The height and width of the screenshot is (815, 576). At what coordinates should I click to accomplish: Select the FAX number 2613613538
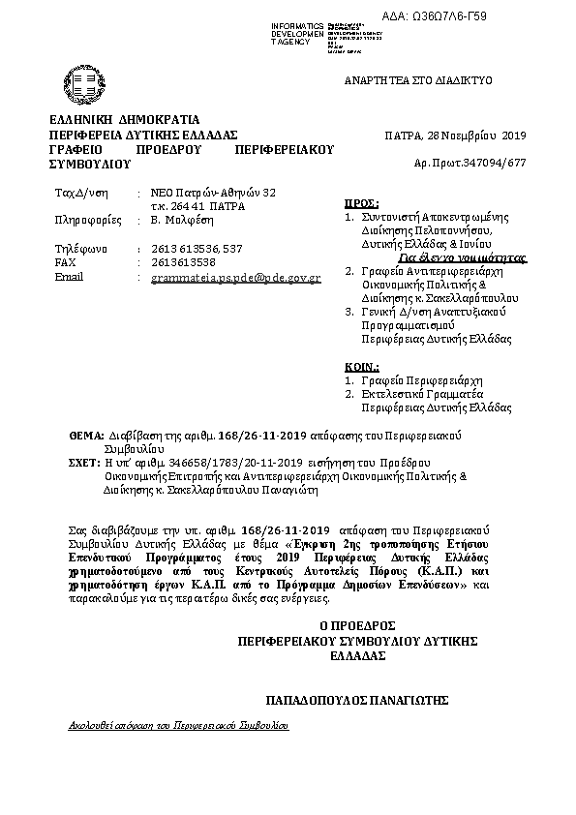183,262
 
